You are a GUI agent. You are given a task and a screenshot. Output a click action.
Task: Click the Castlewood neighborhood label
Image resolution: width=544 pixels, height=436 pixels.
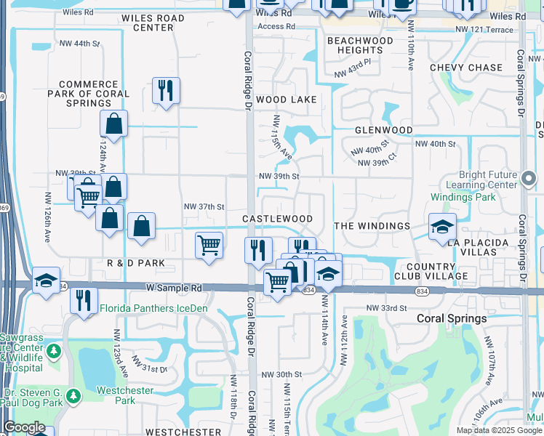click(277, 219)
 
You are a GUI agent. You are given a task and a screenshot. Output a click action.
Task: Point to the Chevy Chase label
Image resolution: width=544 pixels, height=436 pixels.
click(466, 68)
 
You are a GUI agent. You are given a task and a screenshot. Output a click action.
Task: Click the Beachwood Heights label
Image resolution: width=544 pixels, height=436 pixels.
click(360, 46)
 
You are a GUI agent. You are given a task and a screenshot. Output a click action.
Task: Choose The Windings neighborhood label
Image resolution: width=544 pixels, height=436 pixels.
click(372, 226)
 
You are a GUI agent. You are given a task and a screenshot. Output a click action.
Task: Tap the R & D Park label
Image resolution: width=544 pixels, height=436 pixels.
click(135, 262)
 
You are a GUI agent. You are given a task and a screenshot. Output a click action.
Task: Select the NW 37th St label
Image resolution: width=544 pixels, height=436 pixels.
click(204, 206)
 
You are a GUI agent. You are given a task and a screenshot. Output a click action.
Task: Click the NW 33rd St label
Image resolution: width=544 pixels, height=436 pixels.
click(386, 308)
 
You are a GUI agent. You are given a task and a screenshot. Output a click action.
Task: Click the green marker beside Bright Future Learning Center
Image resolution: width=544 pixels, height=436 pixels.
click(529, 177)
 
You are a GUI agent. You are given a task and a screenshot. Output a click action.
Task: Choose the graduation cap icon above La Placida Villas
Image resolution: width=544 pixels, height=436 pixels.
click(442, 227)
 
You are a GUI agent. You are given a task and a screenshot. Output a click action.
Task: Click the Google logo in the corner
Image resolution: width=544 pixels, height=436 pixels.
click(24, 427)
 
